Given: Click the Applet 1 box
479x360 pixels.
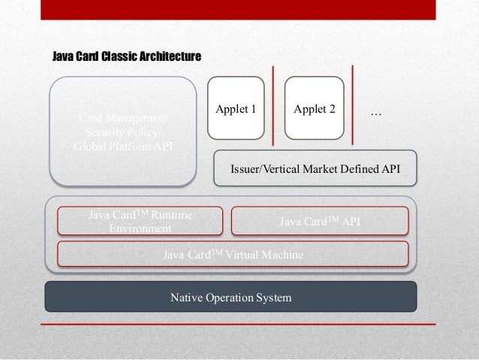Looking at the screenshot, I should tap(236, 110).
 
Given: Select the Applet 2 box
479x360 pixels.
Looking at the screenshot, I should tap(314, 110).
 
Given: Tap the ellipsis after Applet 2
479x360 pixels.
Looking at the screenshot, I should tap(377, 113).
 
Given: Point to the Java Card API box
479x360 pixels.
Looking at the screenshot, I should tap(319, 221).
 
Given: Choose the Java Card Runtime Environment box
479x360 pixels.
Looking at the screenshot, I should tap(140, 221).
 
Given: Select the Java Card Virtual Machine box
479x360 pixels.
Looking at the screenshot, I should tap(233, 255).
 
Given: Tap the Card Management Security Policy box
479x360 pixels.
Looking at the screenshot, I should tap(123, 132).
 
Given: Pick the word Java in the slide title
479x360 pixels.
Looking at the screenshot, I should tap(62, 56).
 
